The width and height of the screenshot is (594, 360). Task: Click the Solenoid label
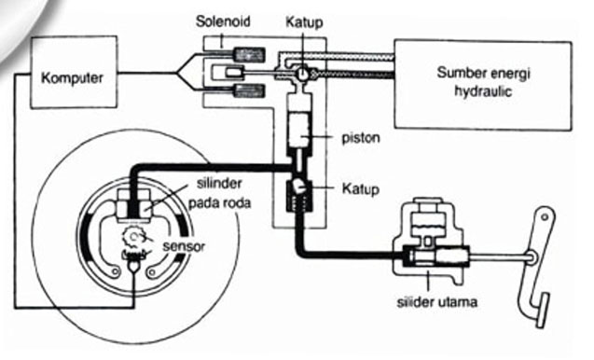[223, 21]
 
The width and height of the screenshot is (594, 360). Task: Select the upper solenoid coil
[249, 55]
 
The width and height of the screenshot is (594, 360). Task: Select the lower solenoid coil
[249, 91]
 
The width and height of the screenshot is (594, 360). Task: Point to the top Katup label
[304, 22]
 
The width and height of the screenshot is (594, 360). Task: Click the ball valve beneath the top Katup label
[302, 74]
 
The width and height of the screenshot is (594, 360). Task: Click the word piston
[361, 138]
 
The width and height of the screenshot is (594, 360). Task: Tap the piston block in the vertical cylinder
[299, 130]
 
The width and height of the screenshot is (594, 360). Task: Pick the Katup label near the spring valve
[361, 188]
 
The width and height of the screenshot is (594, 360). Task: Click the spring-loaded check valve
[299, 196]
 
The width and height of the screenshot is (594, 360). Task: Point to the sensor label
[184, 246]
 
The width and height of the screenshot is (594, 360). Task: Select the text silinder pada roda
[220, 193]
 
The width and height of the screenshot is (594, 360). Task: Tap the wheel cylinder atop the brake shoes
[133, 205]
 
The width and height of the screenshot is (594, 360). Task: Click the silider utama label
[436, 302]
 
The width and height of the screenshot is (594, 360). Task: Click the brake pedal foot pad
[544, 310]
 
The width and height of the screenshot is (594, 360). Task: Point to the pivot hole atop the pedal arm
[545, 217]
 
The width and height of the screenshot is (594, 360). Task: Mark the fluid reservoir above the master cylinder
[428, 222]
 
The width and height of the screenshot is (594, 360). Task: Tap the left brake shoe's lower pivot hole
[115, 271]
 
